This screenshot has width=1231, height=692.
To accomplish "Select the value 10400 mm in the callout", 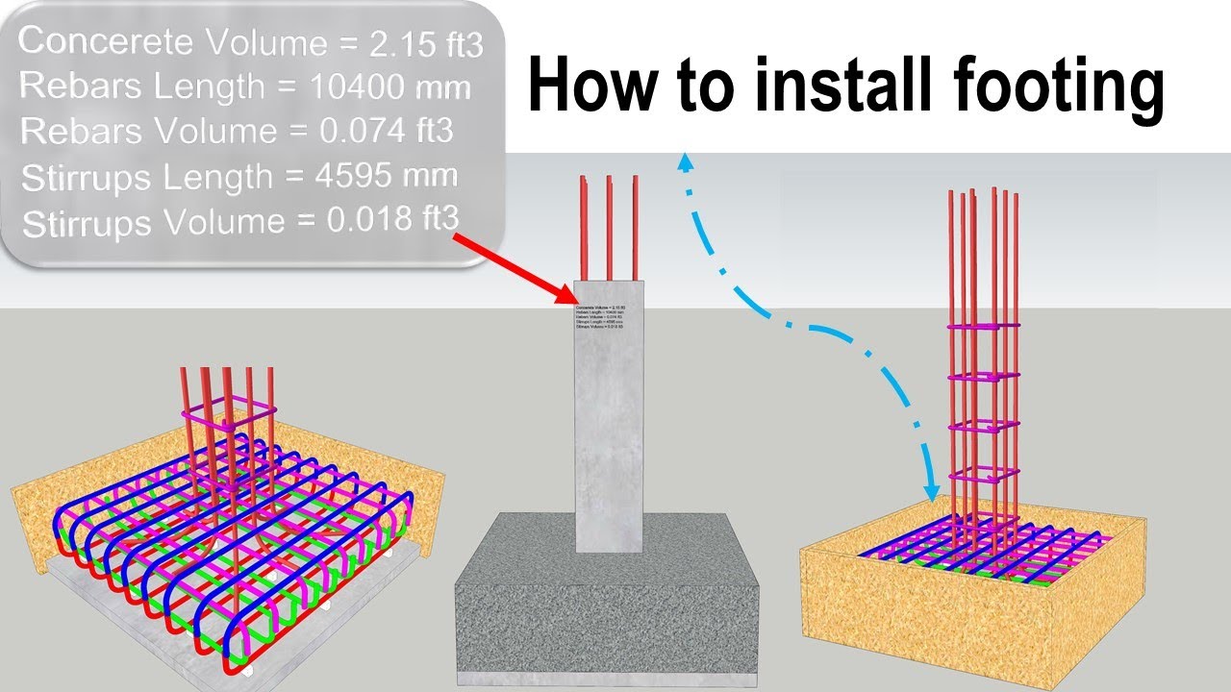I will pyautogui.click(x=391, y=88).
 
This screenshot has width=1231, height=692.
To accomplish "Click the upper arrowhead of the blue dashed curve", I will pyautogui.click(x=686, y=162).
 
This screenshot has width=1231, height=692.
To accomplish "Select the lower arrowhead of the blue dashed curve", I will pyautogui.click(x=930, y=490).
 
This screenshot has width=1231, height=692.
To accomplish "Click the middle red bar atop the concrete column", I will pyautogui.click(x=609, y=227).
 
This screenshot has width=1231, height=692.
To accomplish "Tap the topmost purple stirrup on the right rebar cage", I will pyautogui.click(x=983, y=328).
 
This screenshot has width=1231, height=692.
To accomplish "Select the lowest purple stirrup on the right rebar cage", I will pyautogui.click(x=983, y=475).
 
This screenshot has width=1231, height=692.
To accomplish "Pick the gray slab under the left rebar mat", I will pyautogui.click(x=144, y=615).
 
